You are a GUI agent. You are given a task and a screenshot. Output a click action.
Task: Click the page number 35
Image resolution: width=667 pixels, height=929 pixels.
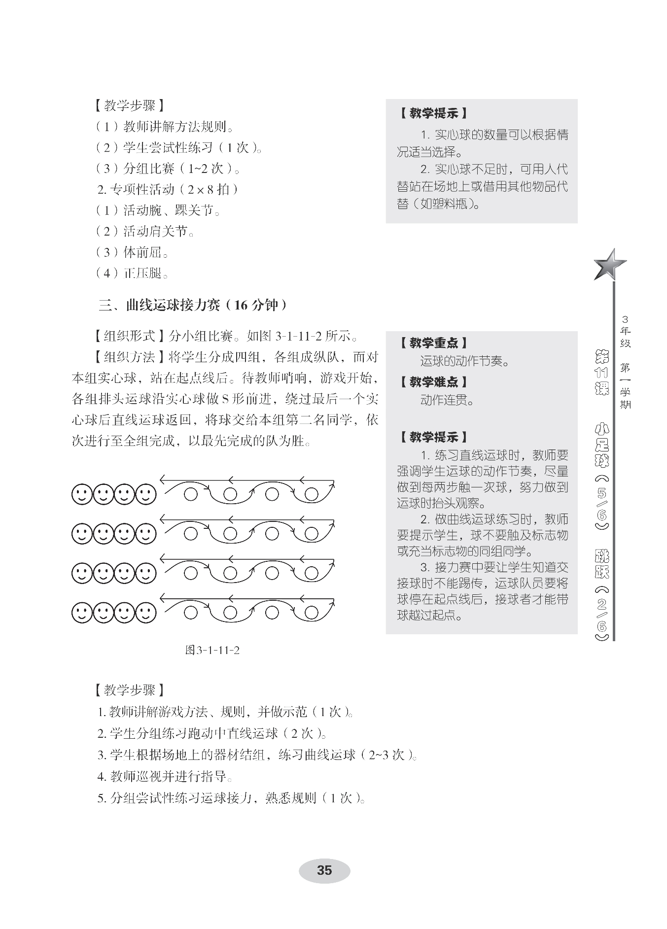pyautogui.click(x=324, y=870)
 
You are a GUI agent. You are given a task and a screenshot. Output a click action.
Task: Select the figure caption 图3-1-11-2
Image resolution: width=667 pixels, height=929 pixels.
pyautogui.click(x=212, y=650)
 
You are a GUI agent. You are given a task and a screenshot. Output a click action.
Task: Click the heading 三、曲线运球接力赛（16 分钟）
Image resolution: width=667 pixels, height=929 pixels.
pyautogui.click(x=192, y=306)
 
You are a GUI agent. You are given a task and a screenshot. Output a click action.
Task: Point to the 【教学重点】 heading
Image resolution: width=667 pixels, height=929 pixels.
pyautogui.click(x=433, y=343)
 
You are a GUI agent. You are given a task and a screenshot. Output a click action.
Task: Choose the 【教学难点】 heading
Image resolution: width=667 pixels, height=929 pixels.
pyautogui.click(x=433, y=381)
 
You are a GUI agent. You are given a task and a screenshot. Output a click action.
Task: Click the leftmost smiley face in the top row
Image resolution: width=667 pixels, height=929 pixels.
pyautogui.click(x=82, y=494)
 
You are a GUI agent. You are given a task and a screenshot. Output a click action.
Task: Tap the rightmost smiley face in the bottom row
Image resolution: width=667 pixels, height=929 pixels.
pyautogui.click(x=146, y=613)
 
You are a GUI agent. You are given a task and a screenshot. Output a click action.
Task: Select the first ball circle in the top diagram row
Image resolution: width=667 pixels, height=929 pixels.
pyautogui.click(x=191, y=493)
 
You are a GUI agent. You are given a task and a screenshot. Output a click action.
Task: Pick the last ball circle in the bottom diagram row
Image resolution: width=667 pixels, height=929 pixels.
pyautogui.click(x=312, y=613)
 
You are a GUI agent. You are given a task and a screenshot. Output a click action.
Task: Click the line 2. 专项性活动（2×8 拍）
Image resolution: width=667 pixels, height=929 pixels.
pyautogui.click(x=168, y=190)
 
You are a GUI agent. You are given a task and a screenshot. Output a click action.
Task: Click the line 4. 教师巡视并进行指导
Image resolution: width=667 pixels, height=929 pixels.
pyautogui.click(x=164, y=777)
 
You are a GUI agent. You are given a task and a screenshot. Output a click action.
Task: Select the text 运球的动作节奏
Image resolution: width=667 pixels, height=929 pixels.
pyautogui.click(x=464, y=362)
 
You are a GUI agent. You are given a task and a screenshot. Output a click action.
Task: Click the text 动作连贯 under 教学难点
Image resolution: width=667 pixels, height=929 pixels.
pyautogui.click(x=446, y=400)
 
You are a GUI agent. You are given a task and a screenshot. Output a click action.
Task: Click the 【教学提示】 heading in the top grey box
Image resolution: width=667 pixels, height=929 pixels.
pyautogui.click(x=433, y=113)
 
